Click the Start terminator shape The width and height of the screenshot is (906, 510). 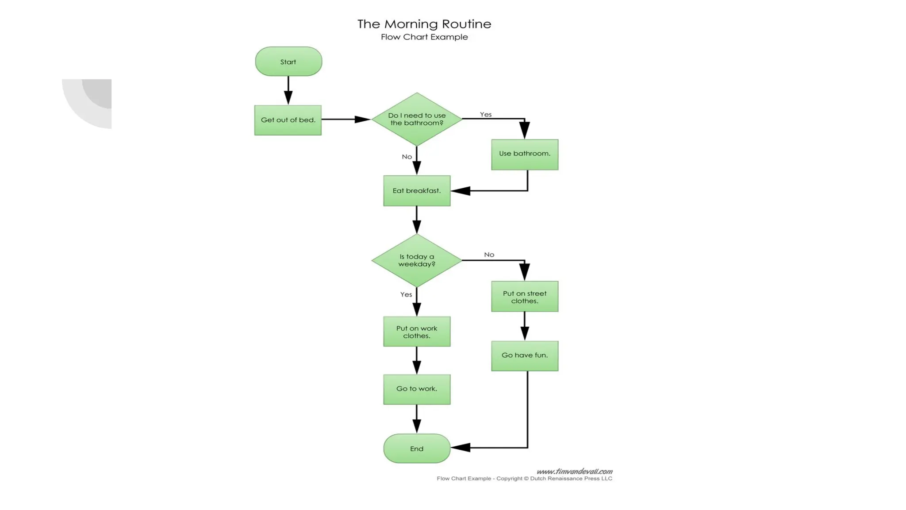pos(288,62)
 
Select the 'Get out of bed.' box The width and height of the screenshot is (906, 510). pos(288,120)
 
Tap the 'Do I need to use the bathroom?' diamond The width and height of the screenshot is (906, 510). pos(417,119)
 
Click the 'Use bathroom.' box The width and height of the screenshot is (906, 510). pos(525,155)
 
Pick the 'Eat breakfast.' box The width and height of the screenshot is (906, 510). pos(417,191)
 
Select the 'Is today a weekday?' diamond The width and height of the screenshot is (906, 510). pos(417,260)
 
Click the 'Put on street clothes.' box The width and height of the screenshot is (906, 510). pos(525,297)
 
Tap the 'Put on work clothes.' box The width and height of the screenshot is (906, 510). pos(417,332)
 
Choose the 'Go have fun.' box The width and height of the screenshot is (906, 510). pos(525,355)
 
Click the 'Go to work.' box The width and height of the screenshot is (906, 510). pos(417,389)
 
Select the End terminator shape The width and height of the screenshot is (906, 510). pos(417,448)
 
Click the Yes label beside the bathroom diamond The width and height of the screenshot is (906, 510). pos(486,114)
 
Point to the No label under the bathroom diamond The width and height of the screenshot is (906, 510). pos(407,157)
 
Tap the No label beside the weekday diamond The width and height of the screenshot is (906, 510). pos(489,255)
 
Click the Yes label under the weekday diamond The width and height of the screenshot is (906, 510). pos(406,294)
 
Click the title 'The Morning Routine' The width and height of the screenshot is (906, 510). pos(424,24)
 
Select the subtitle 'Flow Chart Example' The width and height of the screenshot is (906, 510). pos(424,37)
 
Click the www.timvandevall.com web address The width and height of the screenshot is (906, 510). pos(574,471)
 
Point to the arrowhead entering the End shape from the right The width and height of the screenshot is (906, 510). pos(461,448)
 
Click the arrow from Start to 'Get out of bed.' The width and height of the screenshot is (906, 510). pos(288,91)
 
